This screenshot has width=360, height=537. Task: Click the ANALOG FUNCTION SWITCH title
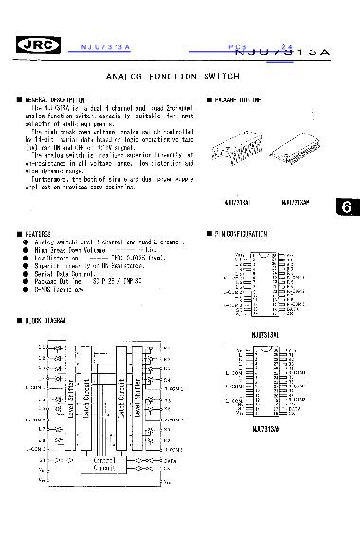pos(179,73)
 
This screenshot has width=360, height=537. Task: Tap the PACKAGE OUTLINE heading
pos(237,98)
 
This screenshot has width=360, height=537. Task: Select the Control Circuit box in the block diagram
pos(116,465)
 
